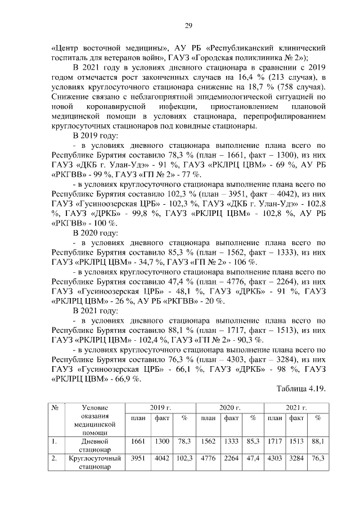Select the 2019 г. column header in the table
[160, 407]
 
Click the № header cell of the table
[55, 407]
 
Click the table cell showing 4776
[208, 458]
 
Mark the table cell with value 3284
[296, 458]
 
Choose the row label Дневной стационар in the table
[94, 445]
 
